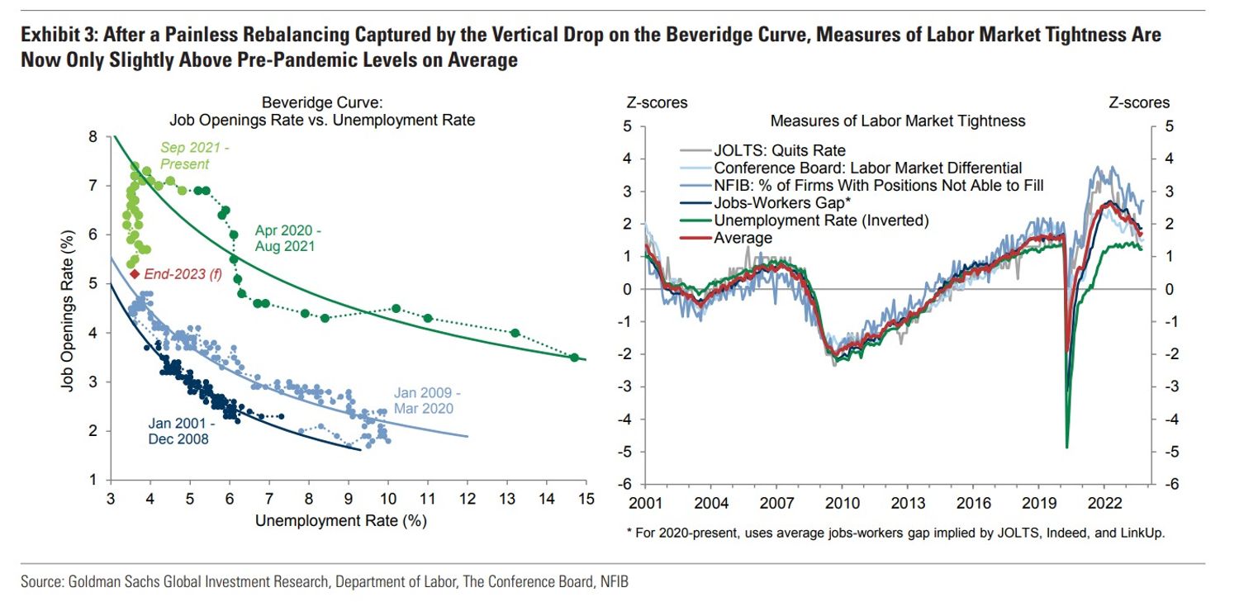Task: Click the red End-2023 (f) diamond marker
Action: pos(135,273)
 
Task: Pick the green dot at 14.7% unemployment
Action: pos(574,357)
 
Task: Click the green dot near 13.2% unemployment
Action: pos(515,333)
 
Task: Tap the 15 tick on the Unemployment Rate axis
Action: pos(586,499)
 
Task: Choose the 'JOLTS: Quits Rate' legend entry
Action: pos(779,150)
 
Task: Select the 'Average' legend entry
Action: pos(743,238)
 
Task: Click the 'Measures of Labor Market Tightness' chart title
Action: pos(898,121)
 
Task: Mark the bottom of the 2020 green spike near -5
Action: pos(1067,448)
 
